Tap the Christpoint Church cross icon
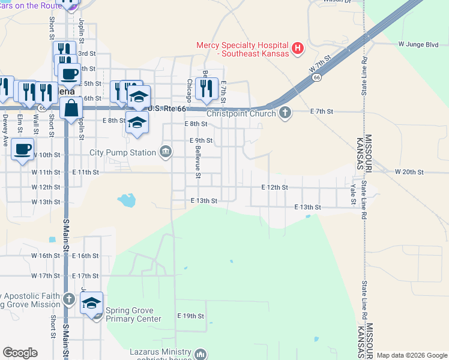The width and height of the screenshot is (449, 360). point(285,112)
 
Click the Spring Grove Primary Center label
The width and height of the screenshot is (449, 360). point(133,314)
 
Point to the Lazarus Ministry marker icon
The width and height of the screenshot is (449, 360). point(200,353)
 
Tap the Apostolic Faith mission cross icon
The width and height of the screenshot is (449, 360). point(70,298)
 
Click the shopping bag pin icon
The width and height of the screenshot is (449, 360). point(71,109)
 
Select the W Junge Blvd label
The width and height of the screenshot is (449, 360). point(418,44)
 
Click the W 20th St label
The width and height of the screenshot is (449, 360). point(409,172)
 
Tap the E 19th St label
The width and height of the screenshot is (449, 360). point(191,316)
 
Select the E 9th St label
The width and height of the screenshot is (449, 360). point(201,140)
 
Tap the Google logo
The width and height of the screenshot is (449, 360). point(20,353)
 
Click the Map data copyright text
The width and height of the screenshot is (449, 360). point(412,355)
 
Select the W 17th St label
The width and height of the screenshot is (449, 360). point(47,276)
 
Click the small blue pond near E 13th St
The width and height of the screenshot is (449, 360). point(127,200)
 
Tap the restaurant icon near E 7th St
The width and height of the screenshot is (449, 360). point(206,88)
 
